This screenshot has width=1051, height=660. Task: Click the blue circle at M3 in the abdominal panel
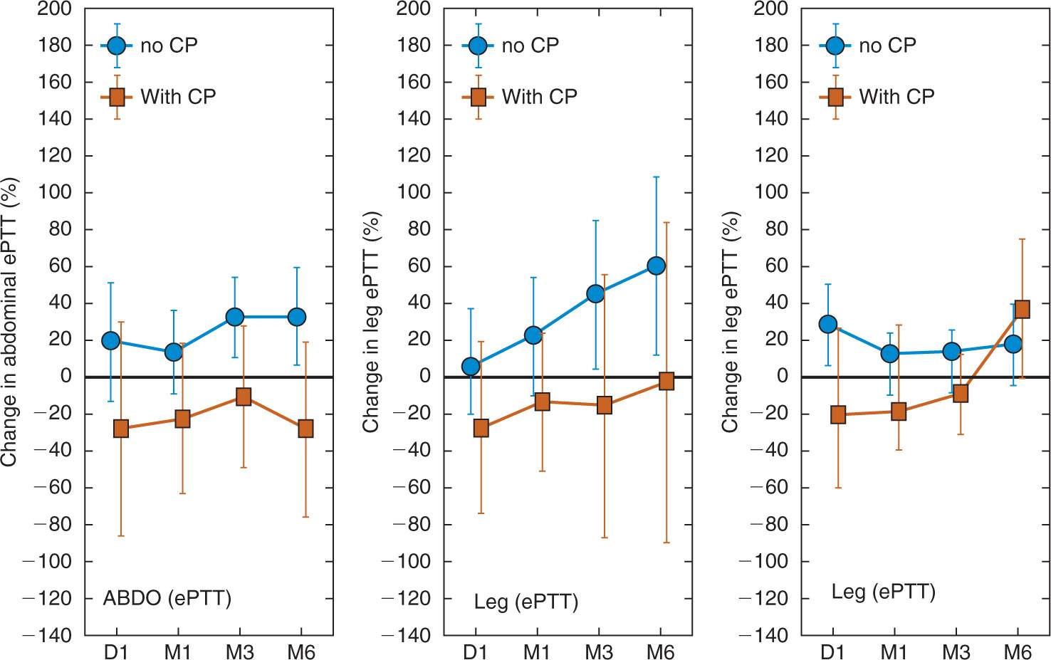tap(235, 317)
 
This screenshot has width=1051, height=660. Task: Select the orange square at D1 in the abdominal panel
tap(121, 429)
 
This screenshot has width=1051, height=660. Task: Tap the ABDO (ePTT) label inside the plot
tap(167, 597)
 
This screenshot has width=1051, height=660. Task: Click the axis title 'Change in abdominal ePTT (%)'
tap(9, 322)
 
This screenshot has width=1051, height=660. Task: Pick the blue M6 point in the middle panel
tap(656, 266)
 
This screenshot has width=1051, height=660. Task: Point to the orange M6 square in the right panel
tap(1022, 309)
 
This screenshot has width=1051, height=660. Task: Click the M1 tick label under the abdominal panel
tap(177, 651)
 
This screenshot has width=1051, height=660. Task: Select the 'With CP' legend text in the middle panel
tap(539, 96)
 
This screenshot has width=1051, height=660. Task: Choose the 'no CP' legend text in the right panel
tap(887, 46)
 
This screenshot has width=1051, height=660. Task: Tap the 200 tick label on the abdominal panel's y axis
tap(55, 9)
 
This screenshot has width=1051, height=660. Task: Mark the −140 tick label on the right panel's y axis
tap(763, 636)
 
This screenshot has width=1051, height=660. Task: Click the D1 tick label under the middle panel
tap(475, 651)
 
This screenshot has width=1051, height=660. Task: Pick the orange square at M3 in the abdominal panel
tap(244, 397)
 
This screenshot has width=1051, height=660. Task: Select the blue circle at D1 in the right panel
tap(827, 324)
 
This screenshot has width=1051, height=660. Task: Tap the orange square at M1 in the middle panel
tap(542, 402)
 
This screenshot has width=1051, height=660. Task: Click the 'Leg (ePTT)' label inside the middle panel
tap(525, 602)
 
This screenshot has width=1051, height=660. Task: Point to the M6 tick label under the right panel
tap(1018, 651)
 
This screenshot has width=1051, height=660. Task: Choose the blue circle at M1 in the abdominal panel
tap(174, 352)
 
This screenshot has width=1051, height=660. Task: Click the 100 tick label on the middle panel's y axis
tap(414, 192)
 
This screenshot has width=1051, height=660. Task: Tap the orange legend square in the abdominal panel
tap(117, 96)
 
